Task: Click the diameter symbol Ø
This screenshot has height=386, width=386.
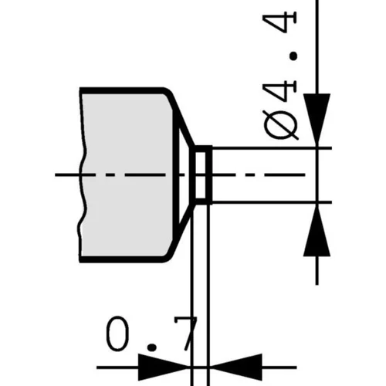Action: coord(281,125)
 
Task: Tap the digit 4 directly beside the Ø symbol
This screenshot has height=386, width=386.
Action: coord(279,90)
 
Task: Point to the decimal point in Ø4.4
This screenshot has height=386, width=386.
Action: coord(293,56)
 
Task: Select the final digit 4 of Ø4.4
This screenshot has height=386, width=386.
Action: coord(279,22)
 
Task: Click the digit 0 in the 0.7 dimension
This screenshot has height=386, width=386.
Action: coord(117,334)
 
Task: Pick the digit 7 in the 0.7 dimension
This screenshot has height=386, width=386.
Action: coord(186,334)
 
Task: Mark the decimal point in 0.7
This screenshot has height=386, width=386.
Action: coord(151,347)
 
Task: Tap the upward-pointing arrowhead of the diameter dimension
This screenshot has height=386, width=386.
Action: coord(317,231)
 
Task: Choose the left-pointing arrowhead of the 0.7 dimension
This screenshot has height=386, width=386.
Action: coord(236,367)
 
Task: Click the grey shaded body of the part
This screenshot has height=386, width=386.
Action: coord(126,175)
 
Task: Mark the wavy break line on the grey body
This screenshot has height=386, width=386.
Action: coord(82,175)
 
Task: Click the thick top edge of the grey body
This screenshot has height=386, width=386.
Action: coord(121,91)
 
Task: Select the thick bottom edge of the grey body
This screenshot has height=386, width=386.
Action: coord(121,259)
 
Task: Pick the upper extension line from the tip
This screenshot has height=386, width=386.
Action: coord(272,148)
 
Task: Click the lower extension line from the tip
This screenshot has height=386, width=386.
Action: coord(272,202)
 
